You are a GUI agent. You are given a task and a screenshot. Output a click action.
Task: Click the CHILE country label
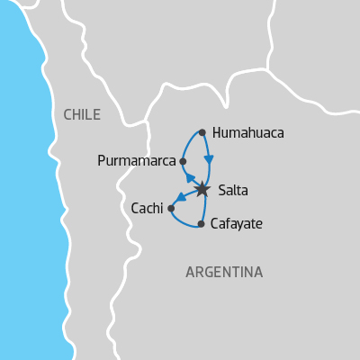click(x=82, y=114)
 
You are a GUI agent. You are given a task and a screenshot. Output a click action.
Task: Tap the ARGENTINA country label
click(x=224, y=272)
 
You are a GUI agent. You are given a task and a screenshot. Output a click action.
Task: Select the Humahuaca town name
click(x=247, y=133)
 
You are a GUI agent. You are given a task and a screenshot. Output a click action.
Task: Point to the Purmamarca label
click(x=137, y=162)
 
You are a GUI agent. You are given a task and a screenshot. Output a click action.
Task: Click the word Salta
click(x=233, y=190)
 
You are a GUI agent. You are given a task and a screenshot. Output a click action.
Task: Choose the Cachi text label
click(x=147, y=208)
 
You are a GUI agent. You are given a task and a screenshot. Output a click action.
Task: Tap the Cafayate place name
click(x=236, y=223)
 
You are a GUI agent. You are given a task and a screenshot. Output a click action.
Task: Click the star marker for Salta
click(x=202, y=189)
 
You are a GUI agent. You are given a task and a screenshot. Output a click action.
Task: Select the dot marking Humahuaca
click(x=202, y=132)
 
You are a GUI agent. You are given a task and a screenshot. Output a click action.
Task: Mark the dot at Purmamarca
click(x=183, y=162)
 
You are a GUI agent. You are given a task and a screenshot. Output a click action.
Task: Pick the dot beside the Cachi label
click(x=171, y=208)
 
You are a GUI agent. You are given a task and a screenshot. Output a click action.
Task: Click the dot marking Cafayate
click(x=201, y=223)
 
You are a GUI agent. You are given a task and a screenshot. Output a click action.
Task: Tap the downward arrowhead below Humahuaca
click(x=209, y=159)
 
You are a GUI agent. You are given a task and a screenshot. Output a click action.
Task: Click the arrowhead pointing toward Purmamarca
click(x=190, y=177)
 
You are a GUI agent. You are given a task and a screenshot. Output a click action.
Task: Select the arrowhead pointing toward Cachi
click(x=180, y=197)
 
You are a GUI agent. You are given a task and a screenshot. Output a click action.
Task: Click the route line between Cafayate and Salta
click(x=204, y=207)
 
